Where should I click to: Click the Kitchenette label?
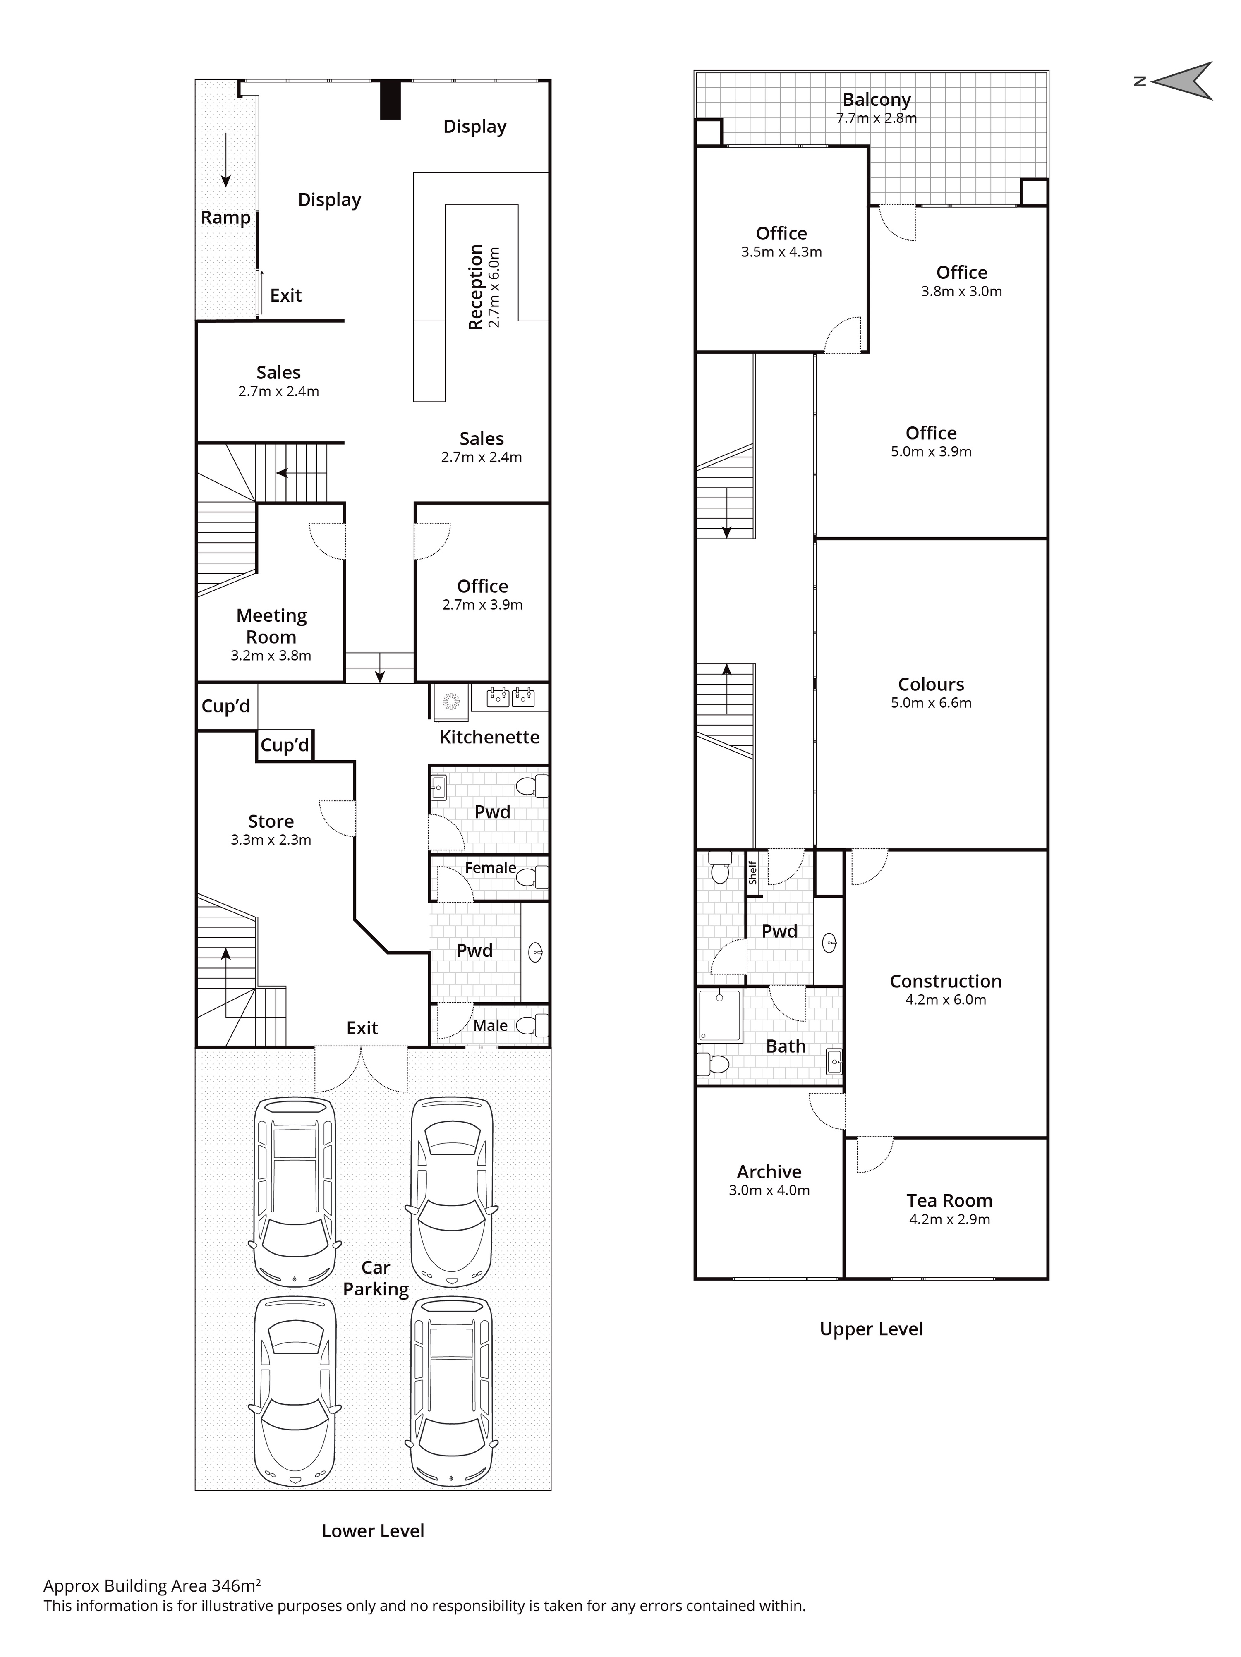[x=489, y=737]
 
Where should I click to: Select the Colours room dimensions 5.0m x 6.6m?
[x=931, y=703]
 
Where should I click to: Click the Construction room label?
[x=945, y=981]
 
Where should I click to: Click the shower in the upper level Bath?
[x=720, y=1015]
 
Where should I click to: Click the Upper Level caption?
[x=871, y=1329]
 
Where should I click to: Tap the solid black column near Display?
[x=390, y=100]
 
